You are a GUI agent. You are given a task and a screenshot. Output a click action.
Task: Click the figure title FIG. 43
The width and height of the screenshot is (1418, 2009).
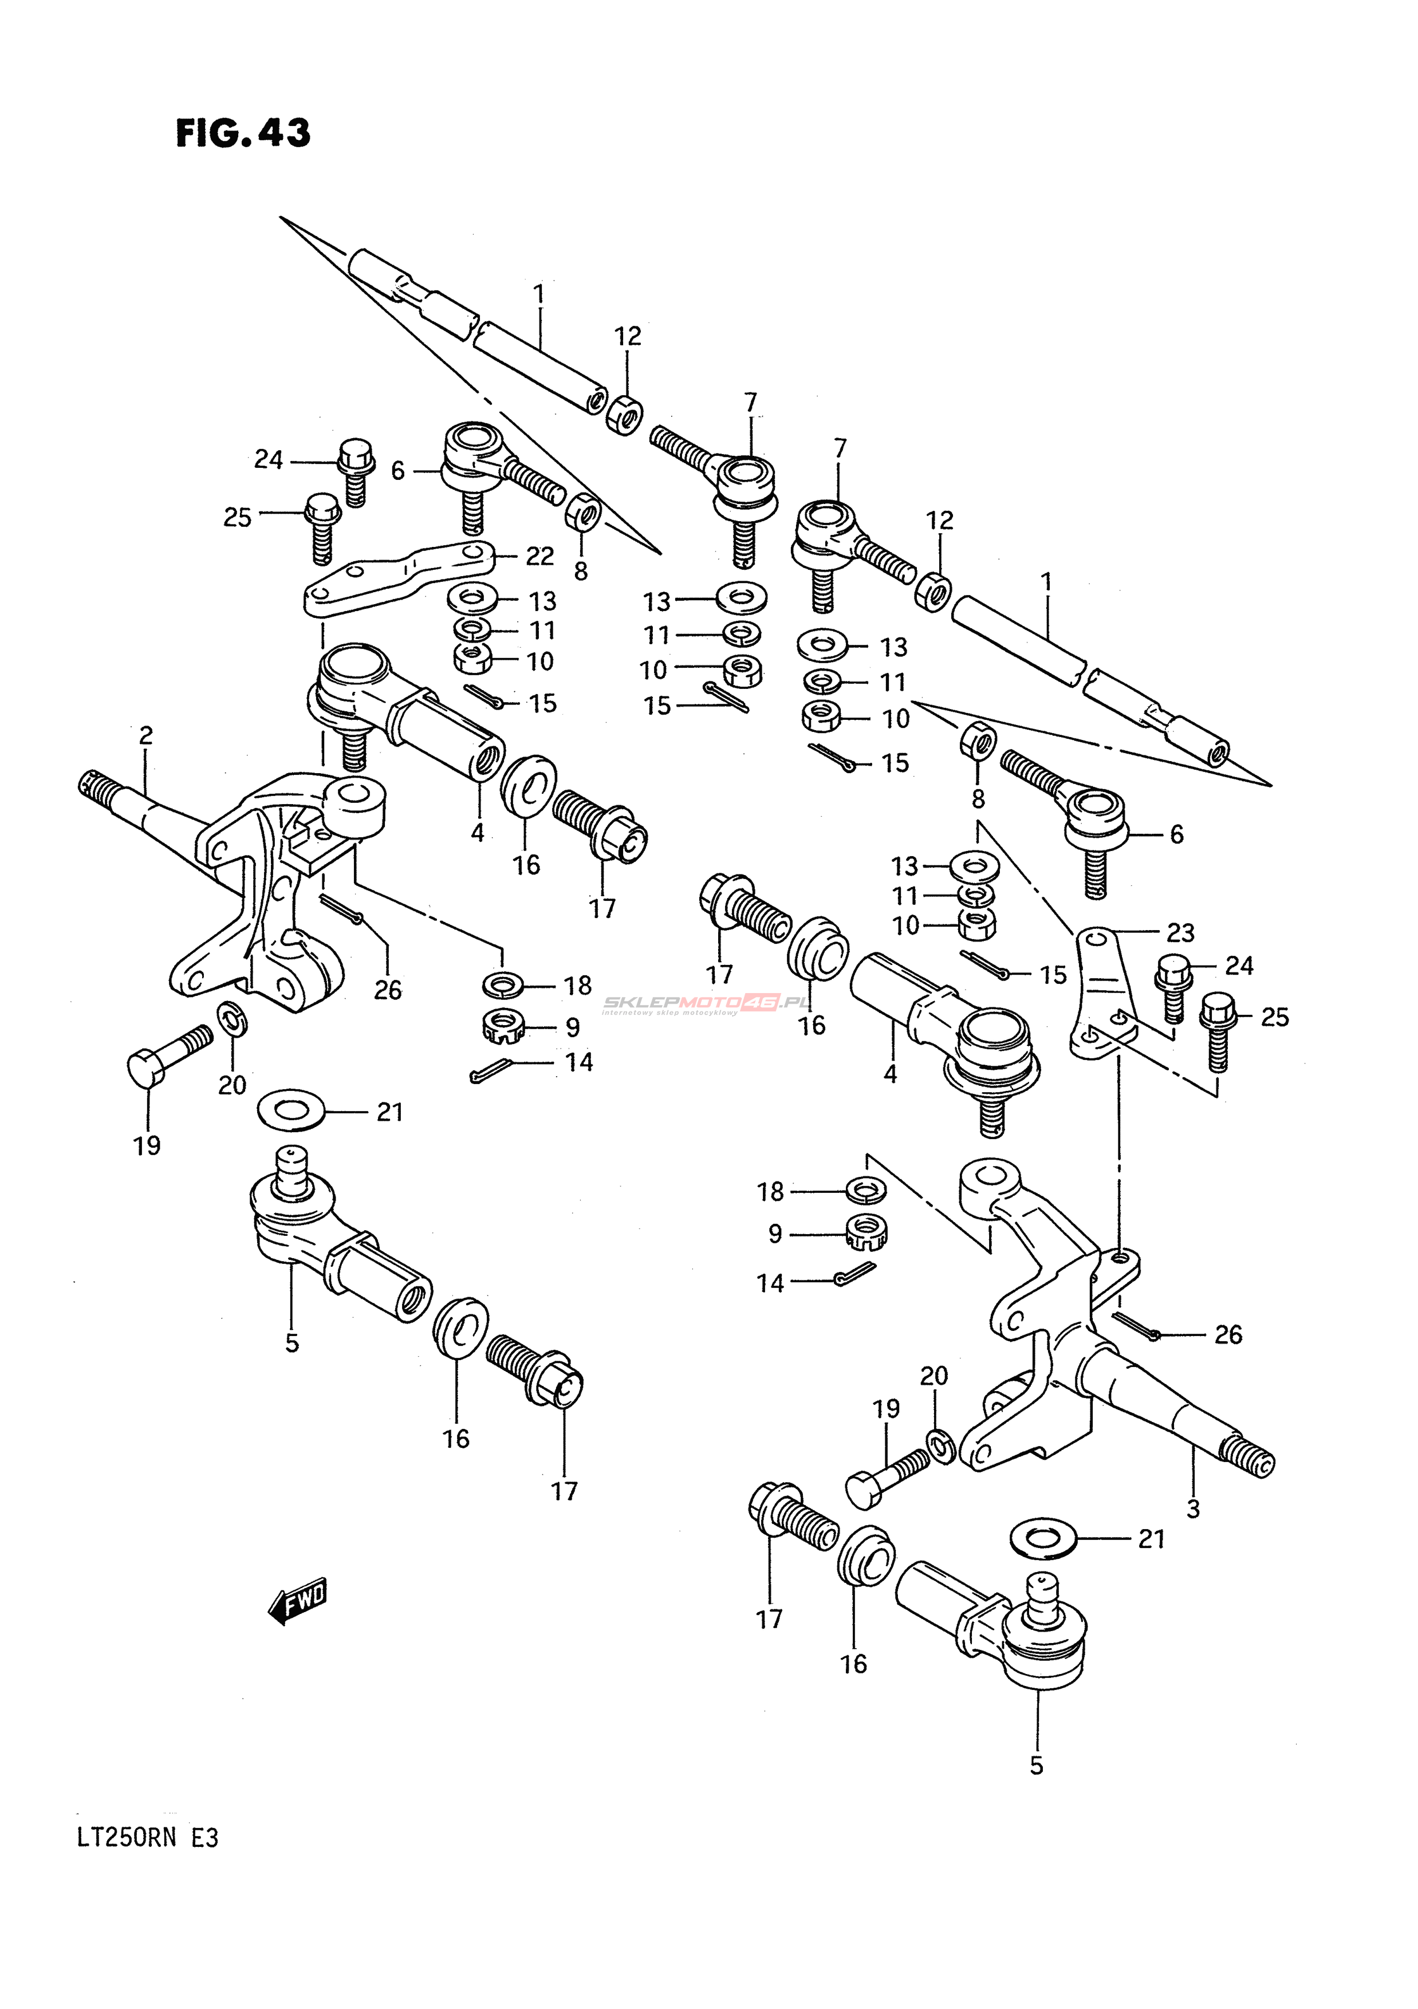pos(243,133)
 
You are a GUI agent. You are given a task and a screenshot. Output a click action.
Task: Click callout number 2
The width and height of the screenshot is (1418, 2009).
pos(145,735)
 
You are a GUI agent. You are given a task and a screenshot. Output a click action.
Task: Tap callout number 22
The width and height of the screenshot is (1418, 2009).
pos(539,557)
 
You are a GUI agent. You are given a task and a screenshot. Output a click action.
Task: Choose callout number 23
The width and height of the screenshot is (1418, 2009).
pos(1180,933)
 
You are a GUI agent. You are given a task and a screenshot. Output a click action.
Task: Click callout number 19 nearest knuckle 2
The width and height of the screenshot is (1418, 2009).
pos(147,1144)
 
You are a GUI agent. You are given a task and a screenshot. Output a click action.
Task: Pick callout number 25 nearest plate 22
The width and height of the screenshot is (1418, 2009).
pos(237,518)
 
